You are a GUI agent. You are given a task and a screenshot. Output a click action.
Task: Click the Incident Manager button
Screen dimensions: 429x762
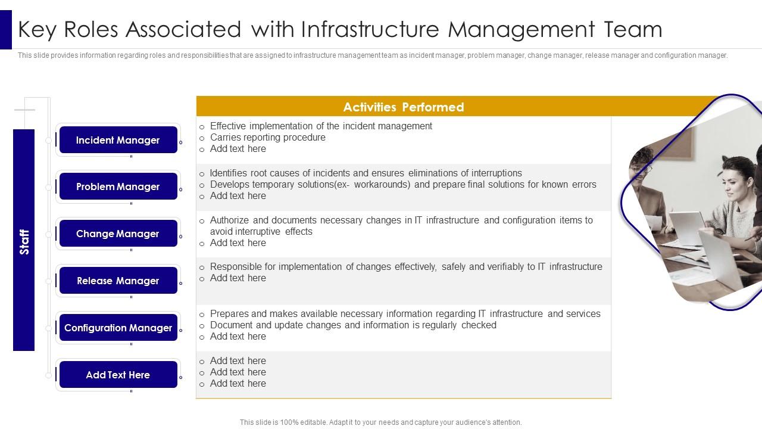tap(118, 140)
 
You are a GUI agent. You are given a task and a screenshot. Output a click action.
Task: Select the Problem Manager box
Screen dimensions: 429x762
tap(118, 186)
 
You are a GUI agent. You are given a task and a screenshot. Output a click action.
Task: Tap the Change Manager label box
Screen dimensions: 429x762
tap(118, 234)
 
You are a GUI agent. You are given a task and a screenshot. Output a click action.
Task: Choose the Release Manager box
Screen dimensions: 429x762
tap(118, 281)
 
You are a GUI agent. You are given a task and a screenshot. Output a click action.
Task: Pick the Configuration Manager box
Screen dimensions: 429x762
tap(118, 328)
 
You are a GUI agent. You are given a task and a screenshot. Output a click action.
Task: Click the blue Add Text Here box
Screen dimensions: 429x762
tap(118, 375)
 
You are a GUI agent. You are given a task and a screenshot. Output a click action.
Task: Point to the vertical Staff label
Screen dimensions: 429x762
tap(24, 240)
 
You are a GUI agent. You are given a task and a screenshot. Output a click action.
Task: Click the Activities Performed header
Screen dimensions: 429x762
tap(403, 107)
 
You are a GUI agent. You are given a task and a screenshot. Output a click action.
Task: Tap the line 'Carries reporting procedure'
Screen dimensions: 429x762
tap(267, 138)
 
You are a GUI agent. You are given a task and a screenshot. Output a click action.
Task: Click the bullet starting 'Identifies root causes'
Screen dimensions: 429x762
tap(366, 173)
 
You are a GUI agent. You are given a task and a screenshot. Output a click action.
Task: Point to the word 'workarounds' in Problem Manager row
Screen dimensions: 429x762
tap(382, 185)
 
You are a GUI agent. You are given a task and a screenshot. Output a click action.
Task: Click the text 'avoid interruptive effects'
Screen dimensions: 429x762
tap(261, 232)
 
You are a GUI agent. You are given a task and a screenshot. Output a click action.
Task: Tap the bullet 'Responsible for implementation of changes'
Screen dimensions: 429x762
tap(405, 267)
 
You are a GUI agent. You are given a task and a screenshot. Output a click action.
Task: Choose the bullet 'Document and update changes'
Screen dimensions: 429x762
tap(352, 325)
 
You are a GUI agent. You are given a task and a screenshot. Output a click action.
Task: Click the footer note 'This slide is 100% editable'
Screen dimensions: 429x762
tap(380, 422)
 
